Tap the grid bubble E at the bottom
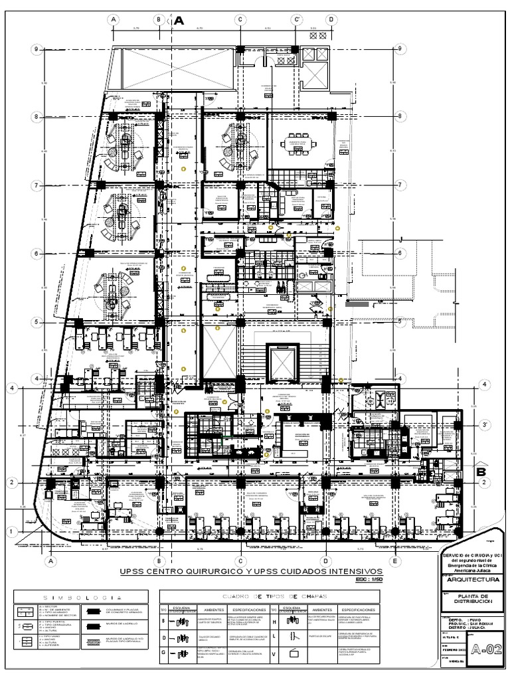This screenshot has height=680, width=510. [x=396, y=561]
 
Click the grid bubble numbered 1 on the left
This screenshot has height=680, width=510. [x=11, y=531]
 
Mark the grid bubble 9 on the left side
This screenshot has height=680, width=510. [x=38, y=48]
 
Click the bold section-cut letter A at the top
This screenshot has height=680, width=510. [x=178, y=22]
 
